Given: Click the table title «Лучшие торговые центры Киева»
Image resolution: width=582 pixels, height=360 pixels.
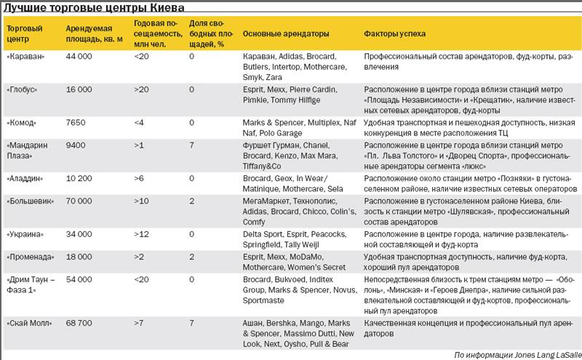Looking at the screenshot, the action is click(94, 7).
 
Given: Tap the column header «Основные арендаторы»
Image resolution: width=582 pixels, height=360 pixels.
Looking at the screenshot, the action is click(286, 33).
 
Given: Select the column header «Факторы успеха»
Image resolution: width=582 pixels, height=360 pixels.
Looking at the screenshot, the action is click(394, 33).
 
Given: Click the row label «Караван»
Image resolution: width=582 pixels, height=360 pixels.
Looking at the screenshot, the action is click(25, 57).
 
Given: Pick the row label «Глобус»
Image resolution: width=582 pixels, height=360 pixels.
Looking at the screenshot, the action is click(22, 89).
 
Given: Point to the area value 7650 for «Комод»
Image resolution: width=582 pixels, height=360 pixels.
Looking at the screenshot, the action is click(76, 123).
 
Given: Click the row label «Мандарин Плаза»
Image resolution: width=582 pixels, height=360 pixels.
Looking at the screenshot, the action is click(27, 151).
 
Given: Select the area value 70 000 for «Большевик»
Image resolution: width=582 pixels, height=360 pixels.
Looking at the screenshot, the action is click(79, 201).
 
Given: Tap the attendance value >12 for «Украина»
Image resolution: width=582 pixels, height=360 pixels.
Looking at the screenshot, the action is click(141, 234).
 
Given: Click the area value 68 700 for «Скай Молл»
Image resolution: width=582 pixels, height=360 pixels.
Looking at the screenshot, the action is click(79, 323).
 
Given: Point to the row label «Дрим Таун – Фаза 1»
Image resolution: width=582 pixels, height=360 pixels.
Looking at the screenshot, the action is click(31, 284).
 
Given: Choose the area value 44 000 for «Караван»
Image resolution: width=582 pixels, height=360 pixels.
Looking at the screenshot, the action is click(79, 57).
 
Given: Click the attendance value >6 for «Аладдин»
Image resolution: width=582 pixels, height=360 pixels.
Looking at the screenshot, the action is click(139, 178).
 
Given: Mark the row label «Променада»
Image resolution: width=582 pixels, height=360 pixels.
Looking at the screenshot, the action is click(31, 257).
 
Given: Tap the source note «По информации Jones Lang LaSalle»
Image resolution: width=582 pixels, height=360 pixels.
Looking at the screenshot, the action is click(518, 355).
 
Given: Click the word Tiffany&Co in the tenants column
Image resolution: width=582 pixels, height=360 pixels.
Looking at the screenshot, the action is click(262, 167).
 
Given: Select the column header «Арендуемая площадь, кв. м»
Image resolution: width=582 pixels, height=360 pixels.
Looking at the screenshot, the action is click(95, 33).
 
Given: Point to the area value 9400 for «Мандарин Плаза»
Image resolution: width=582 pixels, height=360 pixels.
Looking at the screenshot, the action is click(76, 145).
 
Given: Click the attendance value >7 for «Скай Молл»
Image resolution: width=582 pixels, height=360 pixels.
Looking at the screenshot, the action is click(139, 323).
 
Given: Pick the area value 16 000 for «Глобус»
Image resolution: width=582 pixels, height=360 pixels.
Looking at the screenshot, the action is click(79, 89).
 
